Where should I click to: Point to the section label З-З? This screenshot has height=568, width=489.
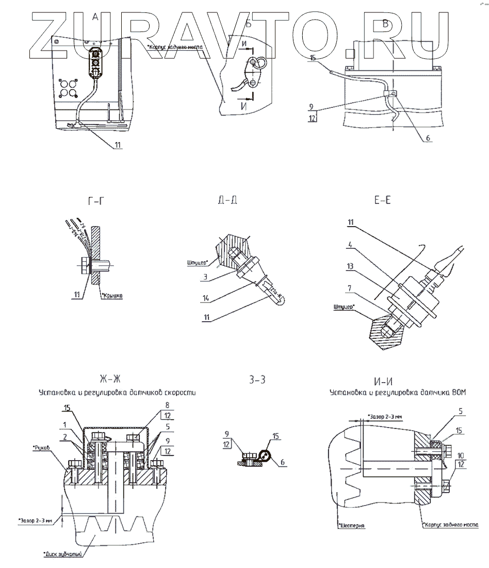[x=257, y=381]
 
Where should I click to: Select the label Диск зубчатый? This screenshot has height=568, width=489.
[x=63, y=556]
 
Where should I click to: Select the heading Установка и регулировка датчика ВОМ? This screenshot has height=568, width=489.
[x=397, y=394]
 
